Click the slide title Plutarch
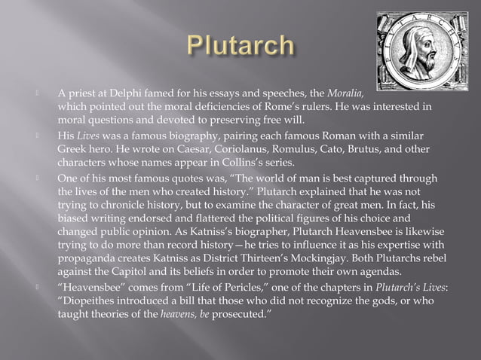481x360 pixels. pyautogui.click(x=240, y=45)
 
